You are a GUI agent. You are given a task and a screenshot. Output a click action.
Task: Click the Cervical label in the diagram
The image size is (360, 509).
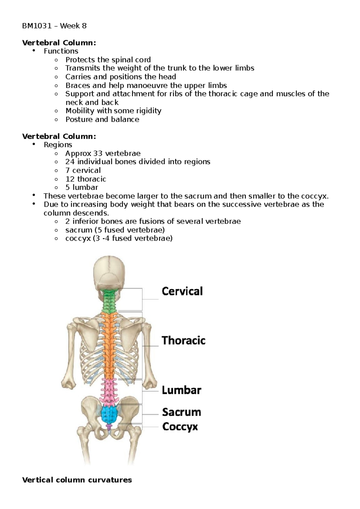coord(182,291)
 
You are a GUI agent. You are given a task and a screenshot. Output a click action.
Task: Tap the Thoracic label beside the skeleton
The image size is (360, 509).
coord(183,341)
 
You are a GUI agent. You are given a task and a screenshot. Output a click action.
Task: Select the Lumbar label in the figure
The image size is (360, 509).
coord(181,390)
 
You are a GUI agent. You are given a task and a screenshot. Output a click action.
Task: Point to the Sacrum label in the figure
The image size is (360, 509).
coord(181,412)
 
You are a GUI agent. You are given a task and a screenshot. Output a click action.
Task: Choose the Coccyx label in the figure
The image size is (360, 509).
coord(180,427)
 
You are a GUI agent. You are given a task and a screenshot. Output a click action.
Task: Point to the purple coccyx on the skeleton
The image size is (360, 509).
coord(109,427)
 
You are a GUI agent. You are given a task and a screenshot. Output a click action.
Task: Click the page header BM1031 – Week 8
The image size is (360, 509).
coord(54,26)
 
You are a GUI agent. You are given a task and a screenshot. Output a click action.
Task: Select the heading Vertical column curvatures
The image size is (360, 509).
coord(77,480)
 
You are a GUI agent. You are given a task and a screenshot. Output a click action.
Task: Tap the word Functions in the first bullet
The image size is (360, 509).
coord(61,51)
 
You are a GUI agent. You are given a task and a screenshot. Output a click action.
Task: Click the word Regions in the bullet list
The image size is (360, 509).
coord(58,145)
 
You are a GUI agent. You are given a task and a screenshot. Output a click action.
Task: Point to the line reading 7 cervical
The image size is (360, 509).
coord(83,170)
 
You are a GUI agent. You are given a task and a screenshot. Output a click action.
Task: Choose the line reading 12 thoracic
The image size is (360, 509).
coord(85,179)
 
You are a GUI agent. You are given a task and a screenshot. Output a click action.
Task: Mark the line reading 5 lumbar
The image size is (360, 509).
coord(82,187)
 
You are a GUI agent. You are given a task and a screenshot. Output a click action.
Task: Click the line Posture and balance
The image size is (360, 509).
coord(102,119)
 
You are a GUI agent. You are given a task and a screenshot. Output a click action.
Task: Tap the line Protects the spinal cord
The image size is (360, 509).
coord(108,60)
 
